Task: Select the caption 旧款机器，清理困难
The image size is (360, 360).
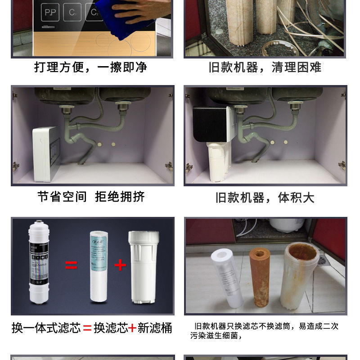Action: (x=265, y=67)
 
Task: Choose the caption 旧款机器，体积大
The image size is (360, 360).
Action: (x=265, y=198)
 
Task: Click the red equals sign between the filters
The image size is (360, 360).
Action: (x=71, y=265)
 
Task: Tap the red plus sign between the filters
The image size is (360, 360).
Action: (x=120, y=265)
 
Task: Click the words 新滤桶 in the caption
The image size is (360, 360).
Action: (x=155, y=328)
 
